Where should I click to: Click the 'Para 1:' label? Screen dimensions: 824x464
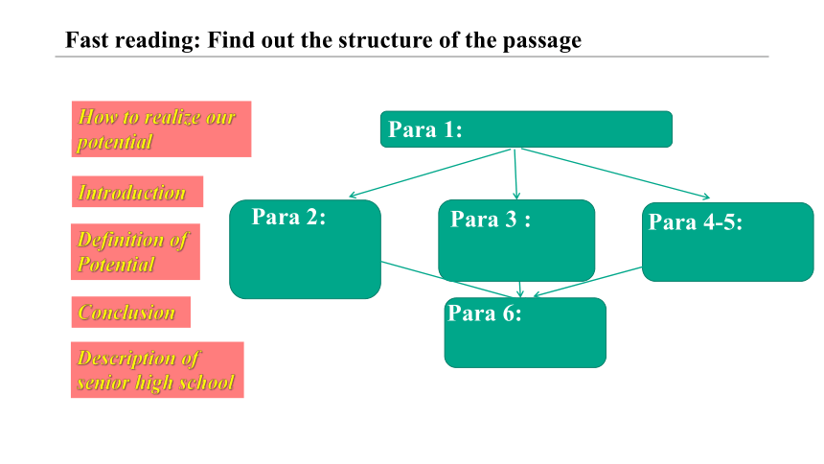pos(424,129)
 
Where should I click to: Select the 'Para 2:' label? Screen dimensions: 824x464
pos(288,217)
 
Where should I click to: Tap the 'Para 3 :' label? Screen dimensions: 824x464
pos(491,220)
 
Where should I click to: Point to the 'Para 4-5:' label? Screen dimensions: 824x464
pos(696,222)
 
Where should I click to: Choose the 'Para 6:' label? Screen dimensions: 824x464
pos(485,313)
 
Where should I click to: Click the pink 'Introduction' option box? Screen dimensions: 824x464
pos(137,192)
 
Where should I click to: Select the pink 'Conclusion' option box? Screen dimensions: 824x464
pos(131,312)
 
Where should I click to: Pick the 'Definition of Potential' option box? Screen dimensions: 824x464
pos(136,251)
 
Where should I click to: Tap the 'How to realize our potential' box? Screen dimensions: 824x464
pos(161,128)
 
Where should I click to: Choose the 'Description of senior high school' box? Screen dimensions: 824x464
pos(157,370)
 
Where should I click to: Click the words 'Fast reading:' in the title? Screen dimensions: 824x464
pos(133,40)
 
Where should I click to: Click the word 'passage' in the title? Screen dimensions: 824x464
pos(541,41)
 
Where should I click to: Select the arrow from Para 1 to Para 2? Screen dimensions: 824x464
pos(430,174)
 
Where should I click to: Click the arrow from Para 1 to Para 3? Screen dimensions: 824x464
pos(515,174)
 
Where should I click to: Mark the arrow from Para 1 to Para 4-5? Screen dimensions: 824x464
pos(615,174)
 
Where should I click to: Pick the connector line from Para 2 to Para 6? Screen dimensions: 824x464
pos(447,280)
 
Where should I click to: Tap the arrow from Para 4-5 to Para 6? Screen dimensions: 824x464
pos(587,282)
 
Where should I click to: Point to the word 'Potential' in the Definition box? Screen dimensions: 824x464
pos(116,264)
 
